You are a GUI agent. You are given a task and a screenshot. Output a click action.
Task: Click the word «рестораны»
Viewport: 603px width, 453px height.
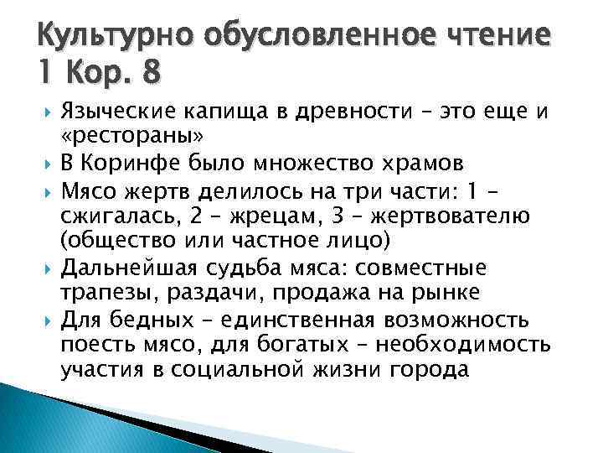pyautogui.click(x=132, y=136)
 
